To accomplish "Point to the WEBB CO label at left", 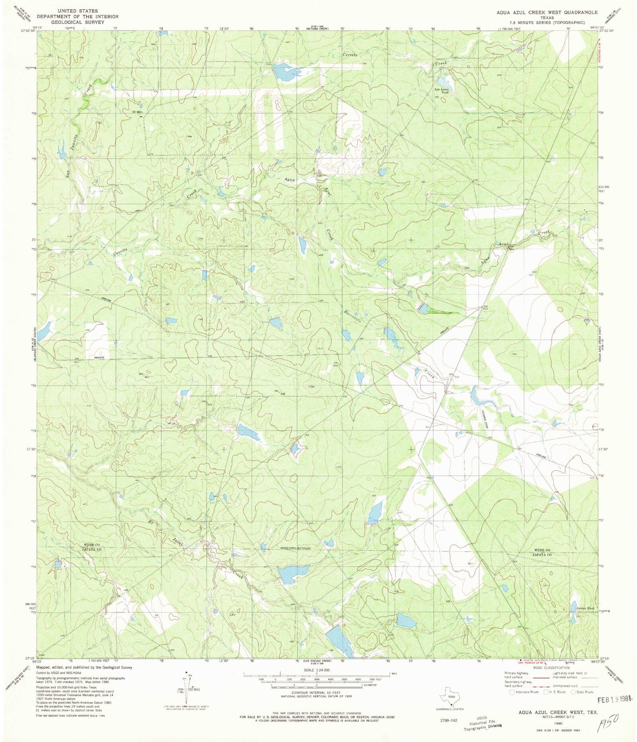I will (92, 545).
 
